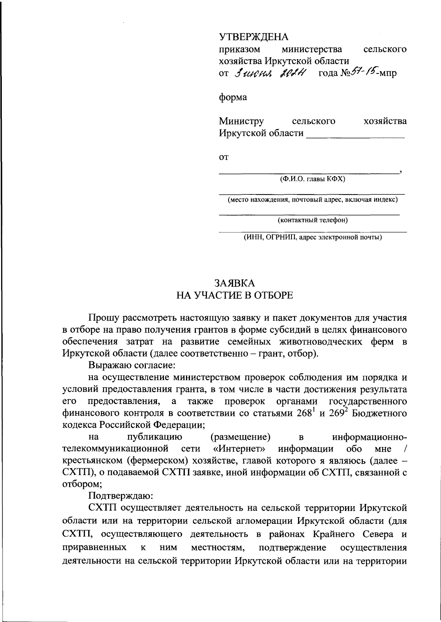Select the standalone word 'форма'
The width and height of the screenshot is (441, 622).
click(233, 97)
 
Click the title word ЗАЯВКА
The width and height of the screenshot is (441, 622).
click(234, 283)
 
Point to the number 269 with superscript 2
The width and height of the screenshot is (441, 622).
click(337, 413)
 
